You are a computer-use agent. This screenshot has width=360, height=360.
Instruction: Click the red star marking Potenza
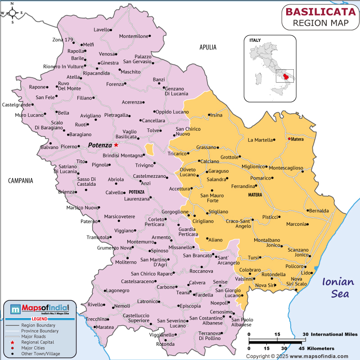116,145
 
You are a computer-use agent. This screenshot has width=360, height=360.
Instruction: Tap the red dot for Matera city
289,139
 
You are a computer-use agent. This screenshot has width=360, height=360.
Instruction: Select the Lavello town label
102,30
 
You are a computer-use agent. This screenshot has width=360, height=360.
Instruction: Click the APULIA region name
208,47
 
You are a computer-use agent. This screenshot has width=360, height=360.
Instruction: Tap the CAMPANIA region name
21,180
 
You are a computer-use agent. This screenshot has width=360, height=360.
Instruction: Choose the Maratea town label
105,327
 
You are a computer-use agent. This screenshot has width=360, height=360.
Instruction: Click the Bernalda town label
319,211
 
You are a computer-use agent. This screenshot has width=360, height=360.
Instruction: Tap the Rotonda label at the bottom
166,344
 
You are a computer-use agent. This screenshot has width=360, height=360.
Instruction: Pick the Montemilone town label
134,36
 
